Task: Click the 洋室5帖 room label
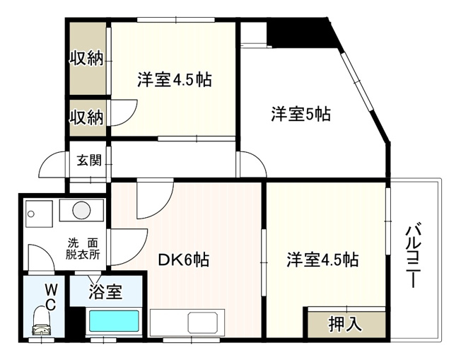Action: tap(300, 113)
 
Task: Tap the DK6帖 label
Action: tap(182, 260)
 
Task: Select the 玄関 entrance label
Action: tap(88, 161)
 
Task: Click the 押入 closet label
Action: tap(346, 324)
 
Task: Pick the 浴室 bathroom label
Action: tap(106, 290)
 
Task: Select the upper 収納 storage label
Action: tap(86, 59)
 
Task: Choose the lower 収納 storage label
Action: tap(86, 116)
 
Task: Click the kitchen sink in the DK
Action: tap(205, 325)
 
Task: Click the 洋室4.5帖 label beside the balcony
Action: tap(322, 260)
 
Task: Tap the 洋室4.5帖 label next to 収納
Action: tap(174, 79)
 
